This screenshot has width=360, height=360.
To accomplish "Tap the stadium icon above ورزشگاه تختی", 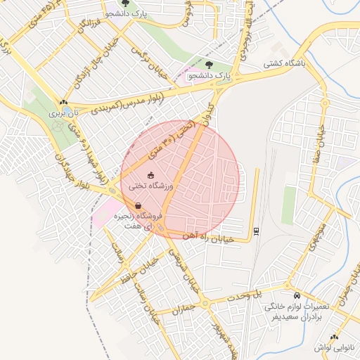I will click(150, 174).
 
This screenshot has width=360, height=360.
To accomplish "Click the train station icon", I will click(255, 230).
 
